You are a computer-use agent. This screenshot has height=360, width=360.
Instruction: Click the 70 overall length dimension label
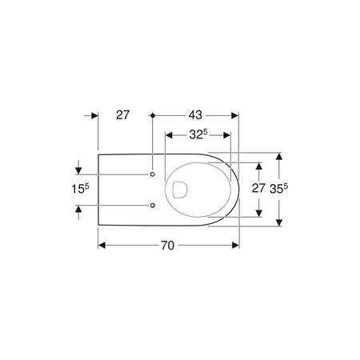click(x=167, y=246)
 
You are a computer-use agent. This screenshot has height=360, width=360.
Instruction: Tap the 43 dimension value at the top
click(x=195, y=115)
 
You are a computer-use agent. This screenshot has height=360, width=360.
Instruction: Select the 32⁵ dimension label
click(x=198, y=134)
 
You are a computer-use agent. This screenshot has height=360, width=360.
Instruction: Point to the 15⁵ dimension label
click(x=80, y=189)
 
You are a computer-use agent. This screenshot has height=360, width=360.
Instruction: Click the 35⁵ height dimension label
click(x=279, y=189)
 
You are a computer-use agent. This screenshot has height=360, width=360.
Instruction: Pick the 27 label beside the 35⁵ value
click(x=258, y=188)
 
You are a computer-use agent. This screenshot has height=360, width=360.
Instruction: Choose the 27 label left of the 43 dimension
click(x=122, y=115)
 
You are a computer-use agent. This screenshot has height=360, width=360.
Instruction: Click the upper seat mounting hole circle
click(x=153, y=174)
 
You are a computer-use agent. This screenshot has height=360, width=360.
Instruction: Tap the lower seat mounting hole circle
click(x=153, y=206)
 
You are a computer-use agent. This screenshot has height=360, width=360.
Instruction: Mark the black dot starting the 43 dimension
click(x=153, y=115)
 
